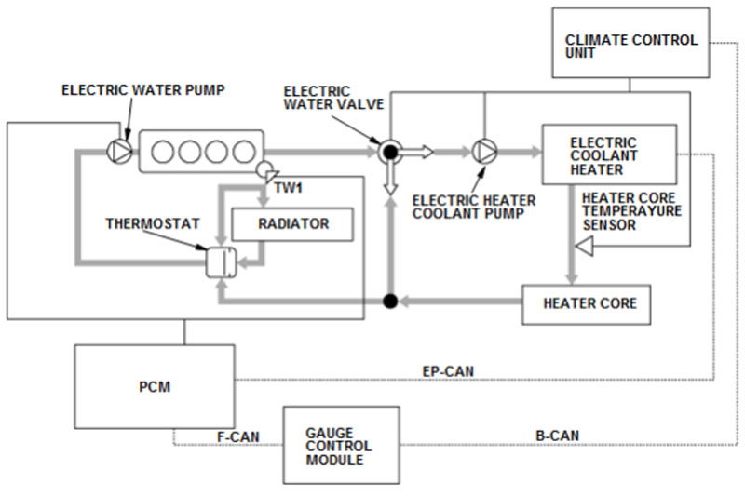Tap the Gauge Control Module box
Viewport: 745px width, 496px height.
(x=341, y=444)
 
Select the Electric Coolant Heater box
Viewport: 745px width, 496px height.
(x=610, y=154)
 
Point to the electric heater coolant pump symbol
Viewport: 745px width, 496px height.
(x=483, y=150)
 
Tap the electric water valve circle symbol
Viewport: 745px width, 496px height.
(x=391, y=150)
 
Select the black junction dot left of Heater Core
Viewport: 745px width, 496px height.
(x=391, y=301)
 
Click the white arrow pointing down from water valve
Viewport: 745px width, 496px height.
(x=391, y=186)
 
